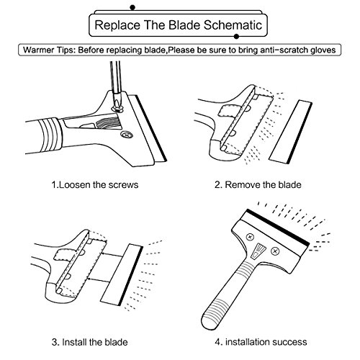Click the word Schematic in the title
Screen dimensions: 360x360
pyautogui.click(x=233, y=25)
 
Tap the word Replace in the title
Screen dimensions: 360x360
pyautogui.click(x=117, y=25)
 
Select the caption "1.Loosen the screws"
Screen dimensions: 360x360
pyautogui.click(x=95, y=185)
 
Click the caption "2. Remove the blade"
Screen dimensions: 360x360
pyautogui.click(x=258, y=185)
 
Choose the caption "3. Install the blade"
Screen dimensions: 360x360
pyautogui.click(x=89, y=342)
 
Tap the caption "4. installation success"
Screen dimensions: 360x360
pyautogui.click(x=261, y=342)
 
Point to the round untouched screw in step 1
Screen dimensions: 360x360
pyautogui.click(x=127, y=135)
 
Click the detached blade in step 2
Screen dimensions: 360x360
pyautogui.click(x=290, y=132)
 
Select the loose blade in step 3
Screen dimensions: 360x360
pyautogui.click(x=122, y=274)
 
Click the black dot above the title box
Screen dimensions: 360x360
pyautogui.click(x=132, y=7)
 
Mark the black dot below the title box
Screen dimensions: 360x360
pyautogui.click(x=236, y=37)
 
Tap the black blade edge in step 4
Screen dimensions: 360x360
pyautogui.click(x=278, y=228)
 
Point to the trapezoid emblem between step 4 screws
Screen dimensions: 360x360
pyautogui.click(x=258, y=251)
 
